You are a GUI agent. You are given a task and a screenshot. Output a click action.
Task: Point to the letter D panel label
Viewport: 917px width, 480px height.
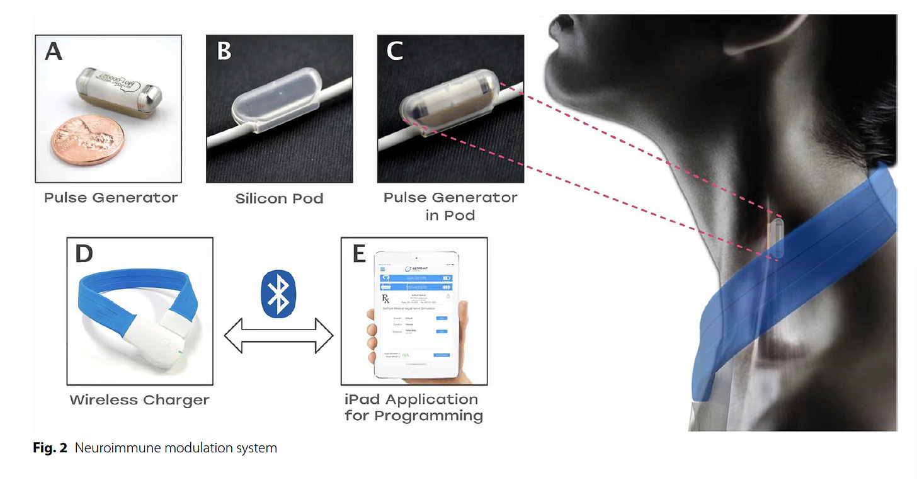pos(84,253)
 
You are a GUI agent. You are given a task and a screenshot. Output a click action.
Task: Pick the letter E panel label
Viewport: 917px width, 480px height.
pos(359,253)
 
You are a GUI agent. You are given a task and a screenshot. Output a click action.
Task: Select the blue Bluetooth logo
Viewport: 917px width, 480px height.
pos(278,295)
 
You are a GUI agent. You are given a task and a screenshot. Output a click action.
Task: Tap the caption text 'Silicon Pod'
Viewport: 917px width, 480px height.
pos(279,199)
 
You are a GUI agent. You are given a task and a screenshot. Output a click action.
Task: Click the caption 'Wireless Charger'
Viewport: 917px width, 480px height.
pos(139,400)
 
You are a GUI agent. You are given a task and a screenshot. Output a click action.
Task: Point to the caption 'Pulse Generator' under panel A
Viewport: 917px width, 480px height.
pos(111,198)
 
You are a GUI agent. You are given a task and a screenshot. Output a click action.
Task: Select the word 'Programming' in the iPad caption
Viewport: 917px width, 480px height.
pos(428,416)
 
